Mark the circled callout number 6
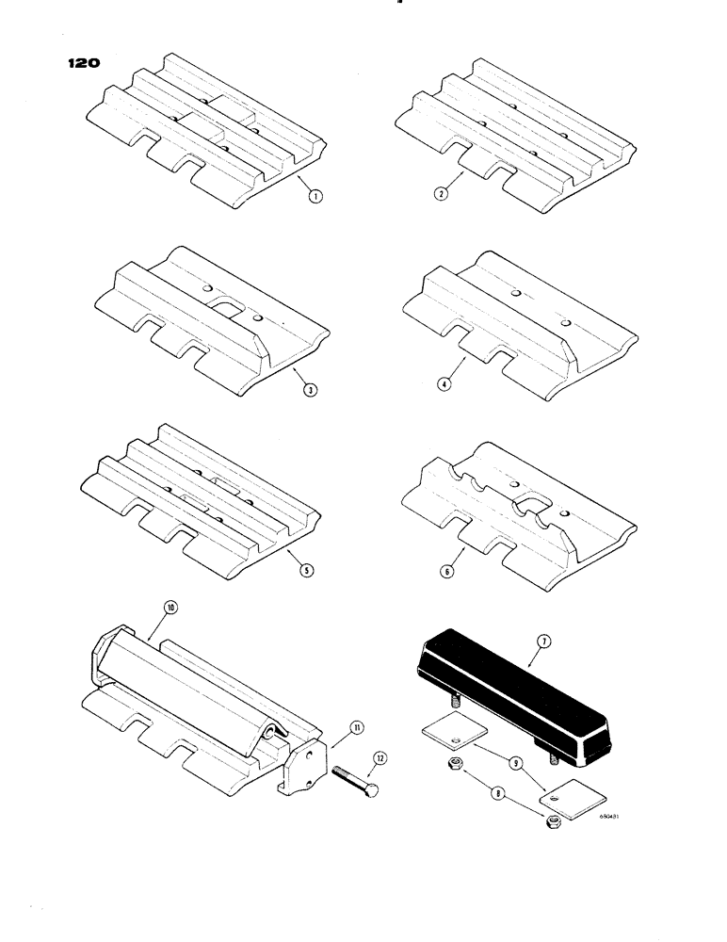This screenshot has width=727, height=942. coord(448,570)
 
